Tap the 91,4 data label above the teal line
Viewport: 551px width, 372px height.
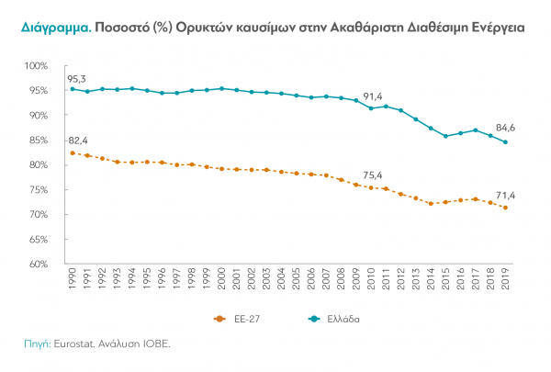372,96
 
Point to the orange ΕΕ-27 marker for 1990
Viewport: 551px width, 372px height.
73,152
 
